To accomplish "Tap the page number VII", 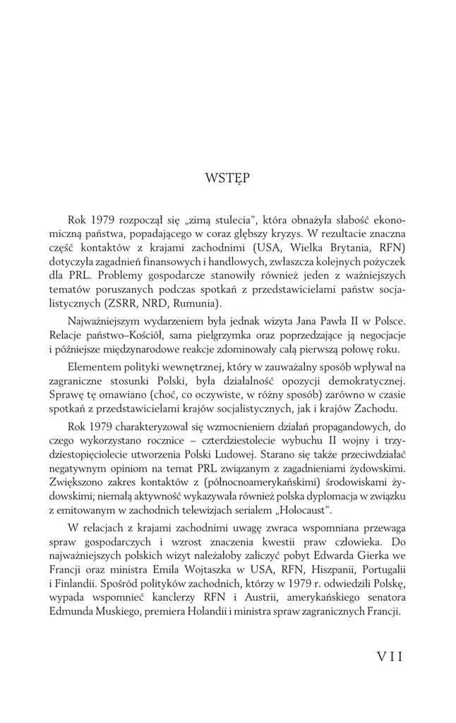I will point(385,657).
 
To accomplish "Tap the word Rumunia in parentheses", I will point(195,304).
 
